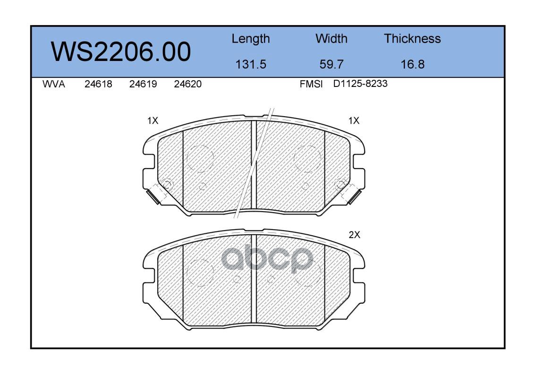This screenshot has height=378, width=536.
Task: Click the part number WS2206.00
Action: click(x=121, y=52)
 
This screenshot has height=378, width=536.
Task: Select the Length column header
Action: click(x=251, y=39)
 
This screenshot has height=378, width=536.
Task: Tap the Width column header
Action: click(x=331, y=38)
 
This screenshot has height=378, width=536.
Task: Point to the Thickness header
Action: click(x=412, y=38)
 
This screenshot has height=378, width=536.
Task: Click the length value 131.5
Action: click(x=251, y=64)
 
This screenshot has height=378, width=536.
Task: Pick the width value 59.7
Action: click(x=331, y=64)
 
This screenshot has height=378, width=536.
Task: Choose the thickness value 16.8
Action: click(x=413, y=64)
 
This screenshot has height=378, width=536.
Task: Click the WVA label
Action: click(x=54, y=84)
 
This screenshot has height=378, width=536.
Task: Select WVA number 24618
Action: click(x=98, y=84)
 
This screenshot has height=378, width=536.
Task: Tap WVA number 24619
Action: click(x=143, y=84)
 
